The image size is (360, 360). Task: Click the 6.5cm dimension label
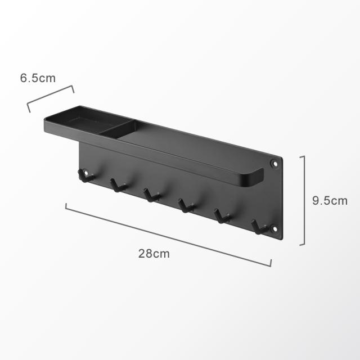point(38,78)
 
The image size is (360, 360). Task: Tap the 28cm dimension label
point(154,254)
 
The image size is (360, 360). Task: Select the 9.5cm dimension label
point(330,201)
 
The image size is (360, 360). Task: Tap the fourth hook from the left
point(186,206)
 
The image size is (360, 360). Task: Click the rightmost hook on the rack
point(259,227)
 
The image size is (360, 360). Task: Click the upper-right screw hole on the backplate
point(274,164)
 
